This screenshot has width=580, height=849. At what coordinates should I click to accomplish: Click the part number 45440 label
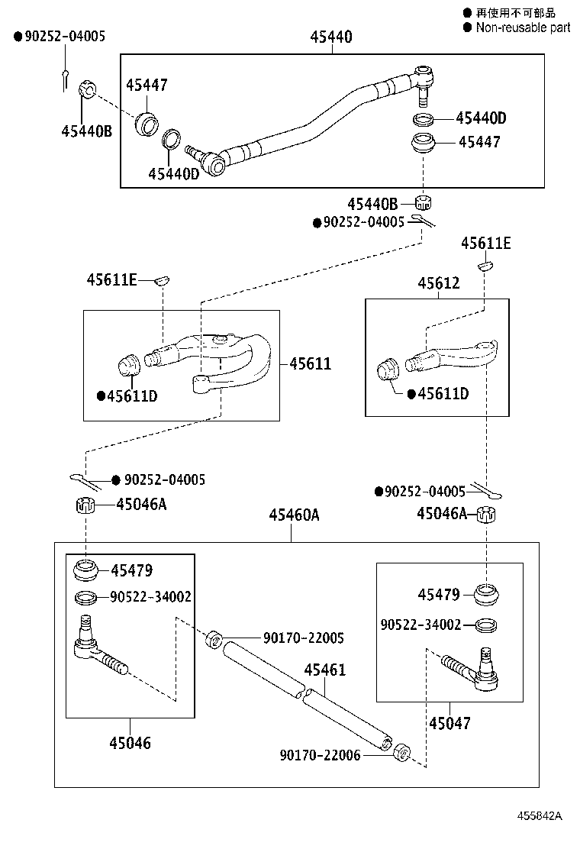tap(331, 37)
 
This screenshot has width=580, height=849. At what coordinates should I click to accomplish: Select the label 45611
tap(310, 363)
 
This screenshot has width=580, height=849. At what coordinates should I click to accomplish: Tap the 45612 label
tap(438, 283)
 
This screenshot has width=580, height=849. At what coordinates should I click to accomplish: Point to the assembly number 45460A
tap(293, 515)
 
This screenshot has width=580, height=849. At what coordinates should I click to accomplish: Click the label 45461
tap(324, 670)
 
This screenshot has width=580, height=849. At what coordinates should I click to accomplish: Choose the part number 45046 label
tap(130, 742)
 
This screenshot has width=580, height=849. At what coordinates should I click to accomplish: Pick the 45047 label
tap(449, 722)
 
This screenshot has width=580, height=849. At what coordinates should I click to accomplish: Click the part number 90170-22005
tap(304, 637)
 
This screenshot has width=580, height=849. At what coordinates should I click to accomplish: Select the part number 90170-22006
tap(320, 754)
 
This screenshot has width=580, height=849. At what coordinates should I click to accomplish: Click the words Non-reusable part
tap(523, 27)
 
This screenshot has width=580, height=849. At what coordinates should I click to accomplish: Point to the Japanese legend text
tap(516, 12)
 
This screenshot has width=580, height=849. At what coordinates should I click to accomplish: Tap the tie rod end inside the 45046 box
tap(99, 649)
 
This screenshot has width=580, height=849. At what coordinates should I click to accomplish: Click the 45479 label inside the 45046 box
tap(131, 570)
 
